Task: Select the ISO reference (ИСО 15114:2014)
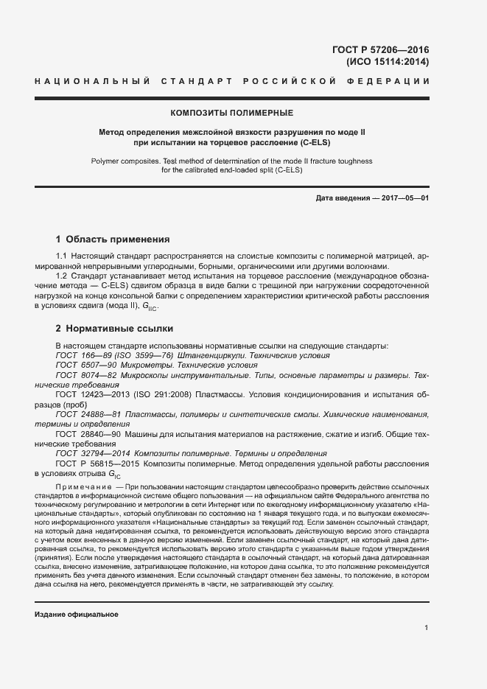[387, 62]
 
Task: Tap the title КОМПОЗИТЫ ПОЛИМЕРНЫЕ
[231, 113]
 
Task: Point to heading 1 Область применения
[113, 239]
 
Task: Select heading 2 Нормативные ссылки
[114, 328]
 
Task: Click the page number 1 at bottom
[426, 628]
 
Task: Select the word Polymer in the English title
[106, 160]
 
